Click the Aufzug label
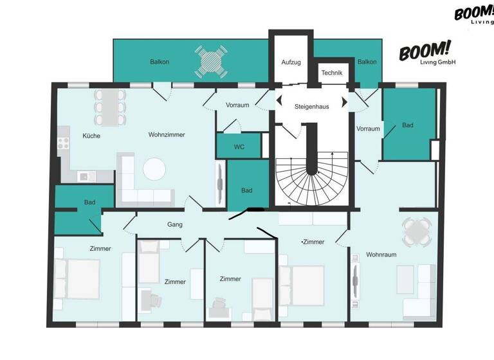click(291, 62)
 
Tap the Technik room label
click(332, 73)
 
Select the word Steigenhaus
click(311, 106)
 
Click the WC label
click(239, 147)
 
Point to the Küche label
click(91, 136)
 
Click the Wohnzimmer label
click(167, 135)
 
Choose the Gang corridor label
click(175, 224)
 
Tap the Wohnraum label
click(381, 255)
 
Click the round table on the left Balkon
click(211, 62)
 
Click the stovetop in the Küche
click(64, 144)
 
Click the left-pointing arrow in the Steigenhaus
click(279, 100)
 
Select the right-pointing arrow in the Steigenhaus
click(344, 101)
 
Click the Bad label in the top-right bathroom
click(408, 125)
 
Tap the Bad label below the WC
click(247, 190)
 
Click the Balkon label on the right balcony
click(367, 62)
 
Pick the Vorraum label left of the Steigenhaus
click(237, 105)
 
